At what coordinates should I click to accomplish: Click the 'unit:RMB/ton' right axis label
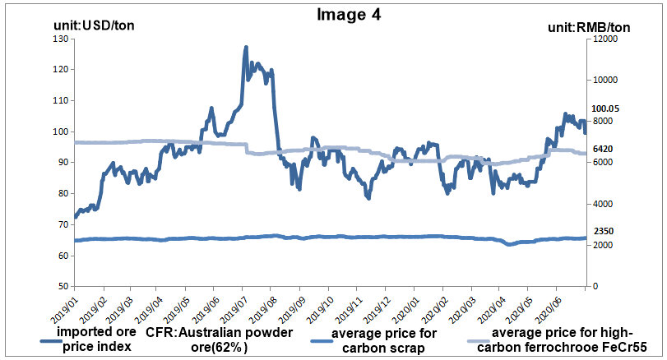[x=589, y=28]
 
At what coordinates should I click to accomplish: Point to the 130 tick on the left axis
[x=60, y=39]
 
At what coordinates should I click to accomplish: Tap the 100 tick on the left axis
[x=60, y=132]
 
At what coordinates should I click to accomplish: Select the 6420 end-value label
[x=604, y=150]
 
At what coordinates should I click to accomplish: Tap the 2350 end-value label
[x=604, y=233]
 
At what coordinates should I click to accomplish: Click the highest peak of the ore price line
[x=246, y=48]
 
